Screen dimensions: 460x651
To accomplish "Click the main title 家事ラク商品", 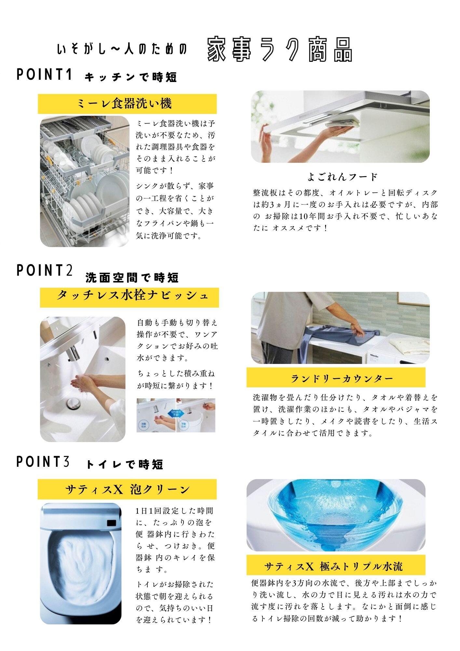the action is click(280, 49).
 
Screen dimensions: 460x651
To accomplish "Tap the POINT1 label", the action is click(44, 75).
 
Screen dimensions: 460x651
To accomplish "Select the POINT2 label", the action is click(45, 270).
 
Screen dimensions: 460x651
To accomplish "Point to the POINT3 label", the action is click(43, 462).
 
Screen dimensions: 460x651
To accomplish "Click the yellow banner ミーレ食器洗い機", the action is click(127, 104).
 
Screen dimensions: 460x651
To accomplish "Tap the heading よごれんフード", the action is click(342, 177).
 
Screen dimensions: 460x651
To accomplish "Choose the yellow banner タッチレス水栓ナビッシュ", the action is click(129, 297).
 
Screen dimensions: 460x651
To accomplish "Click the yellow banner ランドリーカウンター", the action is click(336, 378).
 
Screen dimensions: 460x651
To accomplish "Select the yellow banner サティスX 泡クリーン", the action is click(127, 489).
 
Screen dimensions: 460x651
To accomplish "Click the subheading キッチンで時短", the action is click(130, 77).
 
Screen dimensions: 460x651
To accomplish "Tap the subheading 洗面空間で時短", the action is click(132, 278).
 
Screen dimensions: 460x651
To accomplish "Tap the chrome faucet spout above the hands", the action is click(74, 354).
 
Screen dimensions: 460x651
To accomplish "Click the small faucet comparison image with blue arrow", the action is click(176, 415).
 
